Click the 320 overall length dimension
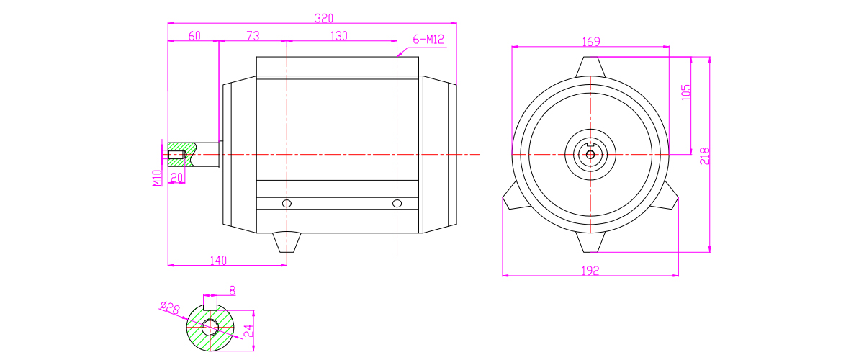(x=323, y=19)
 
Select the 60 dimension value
(x=194, y=36)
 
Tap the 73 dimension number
(x=253, y=36)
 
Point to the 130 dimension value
(x=339, y=36)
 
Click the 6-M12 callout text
(x=428, y=40)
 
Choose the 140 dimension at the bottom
(x=218, y=261)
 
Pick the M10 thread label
(x=157, y=179)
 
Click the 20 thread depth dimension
(x=176, y=178)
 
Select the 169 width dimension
(x=591, y=42)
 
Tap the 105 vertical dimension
(x=686, y=93)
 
